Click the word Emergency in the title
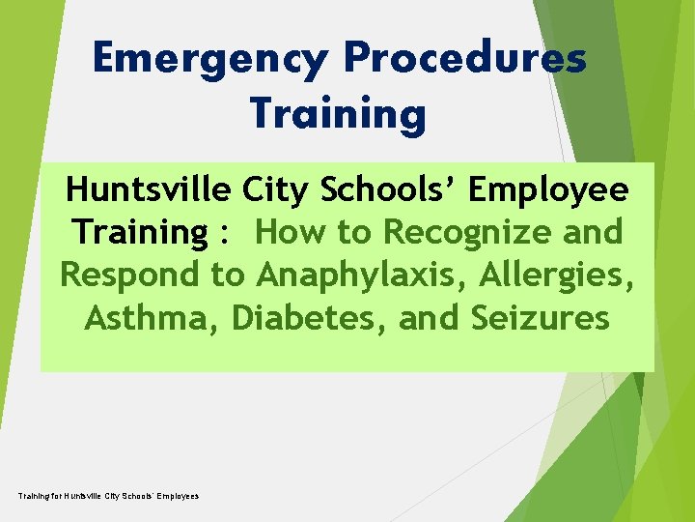pyautogui.click(x=210, y=60)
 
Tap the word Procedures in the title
pyautogui.click(x=464, y=60)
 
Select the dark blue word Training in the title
pyautogui.click(x=338, y=114)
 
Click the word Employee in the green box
pyautogui.click(x=548, y=191)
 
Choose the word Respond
pyautogui.click(x=131, y=275)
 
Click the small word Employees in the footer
pyautogui.click(x=177, y=496)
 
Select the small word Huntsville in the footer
pyautogui.click(x=84, y=496)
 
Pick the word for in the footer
pyautogui.click(x=55, y=496)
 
